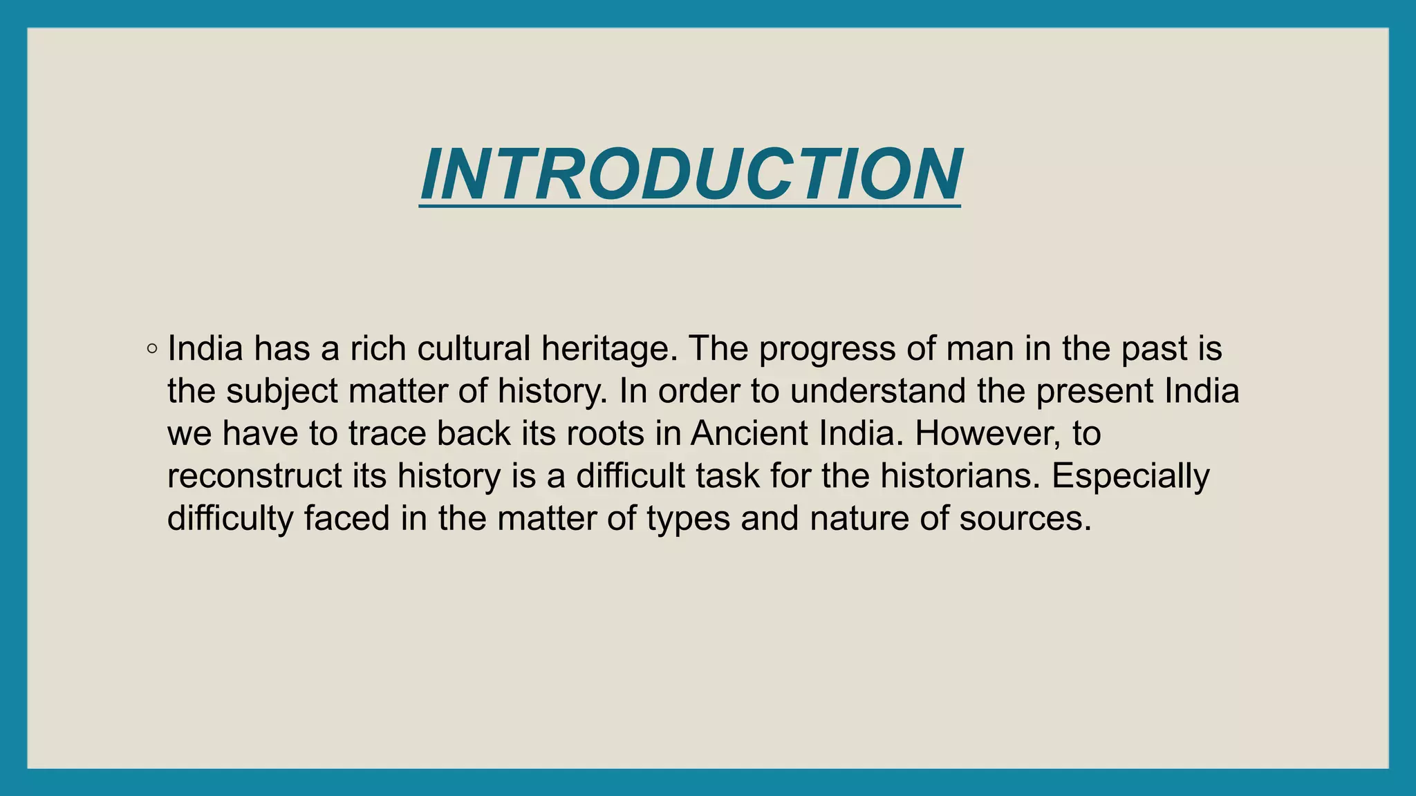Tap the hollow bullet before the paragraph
click(152, 349)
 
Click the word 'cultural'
click(474, 348)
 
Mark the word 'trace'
click(386, 434)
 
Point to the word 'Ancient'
click(749, 433)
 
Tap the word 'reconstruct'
click(255, 476)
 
